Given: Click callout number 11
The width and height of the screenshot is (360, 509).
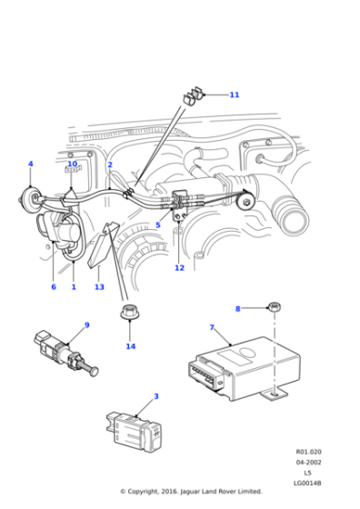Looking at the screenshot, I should pyautogui.click(x=234, y=95).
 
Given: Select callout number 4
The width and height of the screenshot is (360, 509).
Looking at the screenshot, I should pyautogui.click(x=30, y=165).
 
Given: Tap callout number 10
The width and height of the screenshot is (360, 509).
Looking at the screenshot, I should pyautogui.click(x=72, y=165).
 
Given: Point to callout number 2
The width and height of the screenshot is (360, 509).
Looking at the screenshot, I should pyautogui.click(x=110, y=165).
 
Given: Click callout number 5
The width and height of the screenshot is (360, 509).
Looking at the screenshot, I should pyautogui.click(x=157, y=225).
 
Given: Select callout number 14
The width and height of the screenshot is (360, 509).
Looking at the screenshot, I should pyautogui.click(x=130, y=346).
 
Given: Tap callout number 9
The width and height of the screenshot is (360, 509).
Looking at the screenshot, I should pyautogui.click(x=86, y=325).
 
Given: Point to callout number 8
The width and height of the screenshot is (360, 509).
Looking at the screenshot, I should pyautogui.click(x=238, y=309).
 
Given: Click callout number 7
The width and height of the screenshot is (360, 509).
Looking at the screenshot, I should pyautogui.click(x=212, y=327).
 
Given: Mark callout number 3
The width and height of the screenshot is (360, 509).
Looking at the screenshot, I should pyautogui.click(x=155, y=396).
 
